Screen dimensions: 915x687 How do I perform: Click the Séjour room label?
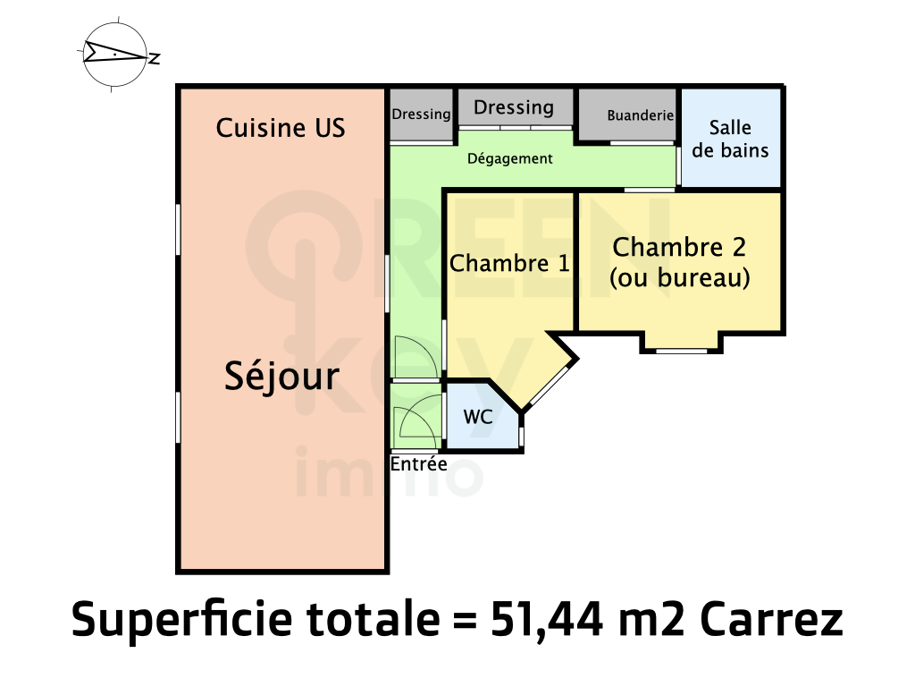pos(281,377)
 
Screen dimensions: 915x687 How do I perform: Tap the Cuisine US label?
pos(281,128)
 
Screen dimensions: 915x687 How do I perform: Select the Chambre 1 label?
pos(509,264)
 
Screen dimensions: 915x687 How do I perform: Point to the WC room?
pos(482,416)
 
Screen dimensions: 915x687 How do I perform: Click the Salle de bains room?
pos(731,139)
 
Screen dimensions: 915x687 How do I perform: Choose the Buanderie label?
pos(641,115)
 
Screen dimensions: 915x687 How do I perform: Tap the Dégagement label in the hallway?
pos(510,159)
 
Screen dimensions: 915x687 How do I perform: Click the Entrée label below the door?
pos(419,464)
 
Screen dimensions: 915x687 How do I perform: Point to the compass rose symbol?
pos(115,55)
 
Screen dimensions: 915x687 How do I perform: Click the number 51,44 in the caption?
pos(546,619)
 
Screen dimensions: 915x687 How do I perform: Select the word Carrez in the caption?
pos(771,619)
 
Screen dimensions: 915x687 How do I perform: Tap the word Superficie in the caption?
pos(181,619)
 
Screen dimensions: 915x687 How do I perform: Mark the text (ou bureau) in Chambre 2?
pos(680,277)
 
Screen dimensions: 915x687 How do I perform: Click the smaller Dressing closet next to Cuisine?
pos(422,114)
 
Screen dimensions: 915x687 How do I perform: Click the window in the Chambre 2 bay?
pos(682,351)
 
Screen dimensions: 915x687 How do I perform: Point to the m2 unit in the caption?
pos(651,621)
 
